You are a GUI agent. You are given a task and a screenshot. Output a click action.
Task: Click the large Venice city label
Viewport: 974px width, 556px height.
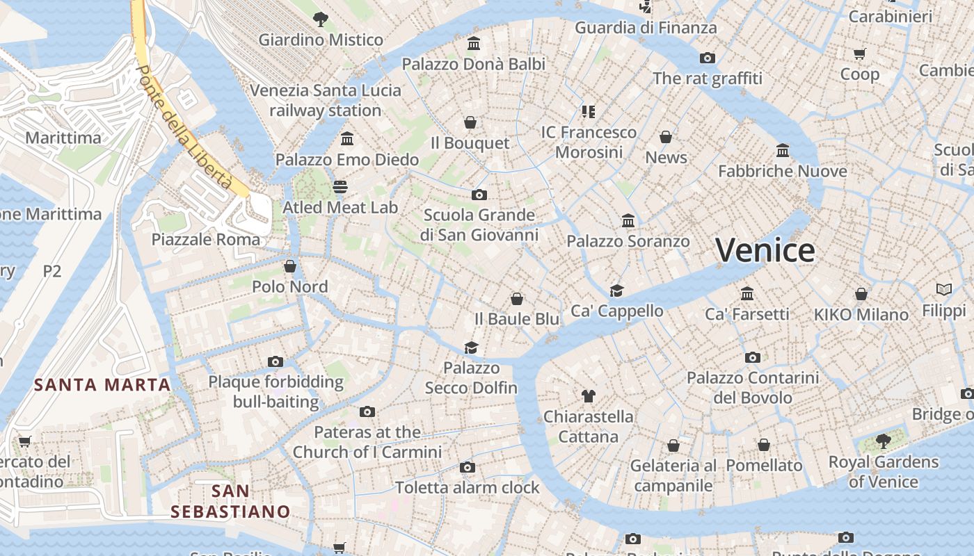[765, 250]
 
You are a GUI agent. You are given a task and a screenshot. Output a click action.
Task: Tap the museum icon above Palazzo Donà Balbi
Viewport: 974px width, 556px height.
[474, 44]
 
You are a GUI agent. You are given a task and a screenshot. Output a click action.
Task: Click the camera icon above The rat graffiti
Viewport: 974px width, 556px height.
[708, 58]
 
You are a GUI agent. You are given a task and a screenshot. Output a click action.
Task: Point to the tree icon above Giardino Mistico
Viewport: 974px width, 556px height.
[320, 19]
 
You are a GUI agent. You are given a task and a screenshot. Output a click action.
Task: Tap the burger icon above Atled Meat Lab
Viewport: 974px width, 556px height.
[340, 186]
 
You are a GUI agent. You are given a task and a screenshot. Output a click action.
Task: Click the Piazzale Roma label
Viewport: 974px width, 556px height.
[206, 240]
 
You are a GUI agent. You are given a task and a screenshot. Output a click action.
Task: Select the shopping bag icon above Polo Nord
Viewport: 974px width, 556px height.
[290, 266]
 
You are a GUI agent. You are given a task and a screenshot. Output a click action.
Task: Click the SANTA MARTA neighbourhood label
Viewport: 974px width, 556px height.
[103, 384]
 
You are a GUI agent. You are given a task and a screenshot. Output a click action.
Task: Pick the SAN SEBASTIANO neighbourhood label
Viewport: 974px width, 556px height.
[230, 501]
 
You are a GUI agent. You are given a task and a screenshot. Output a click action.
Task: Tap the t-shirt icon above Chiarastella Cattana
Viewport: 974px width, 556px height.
[589, 396]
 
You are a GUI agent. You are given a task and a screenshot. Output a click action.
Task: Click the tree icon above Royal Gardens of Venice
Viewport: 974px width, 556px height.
[883, 441]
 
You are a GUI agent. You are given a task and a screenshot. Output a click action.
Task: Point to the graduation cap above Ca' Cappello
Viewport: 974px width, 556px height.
[616, 291]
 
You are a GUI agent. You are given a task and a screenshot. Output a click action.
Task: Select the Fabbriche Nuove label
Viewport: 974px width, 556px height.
[782, 171]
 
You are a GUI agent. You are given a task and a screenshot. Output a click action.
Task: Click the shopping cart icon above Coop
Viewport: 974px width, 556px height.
[859, 54]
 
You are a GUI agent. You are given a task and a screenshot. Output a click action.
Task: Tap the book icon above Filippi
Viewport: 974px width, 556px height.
[944, 289]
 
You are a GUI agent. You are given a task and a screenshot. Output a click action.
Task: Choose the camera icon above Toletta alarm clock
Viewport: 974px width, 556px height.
[468, 467]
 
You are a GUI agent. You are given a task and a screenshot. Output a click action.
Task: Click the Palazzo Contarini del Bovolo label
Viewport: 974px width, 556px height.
[753, 388]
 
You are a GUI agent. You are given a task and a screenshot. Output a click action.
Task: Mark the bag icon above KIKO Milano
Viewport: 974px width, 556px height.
[861, 294]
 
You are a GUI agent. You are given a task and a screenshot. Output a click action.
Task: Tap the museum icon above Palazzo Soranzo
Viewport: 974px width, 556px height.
[628, 221]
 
